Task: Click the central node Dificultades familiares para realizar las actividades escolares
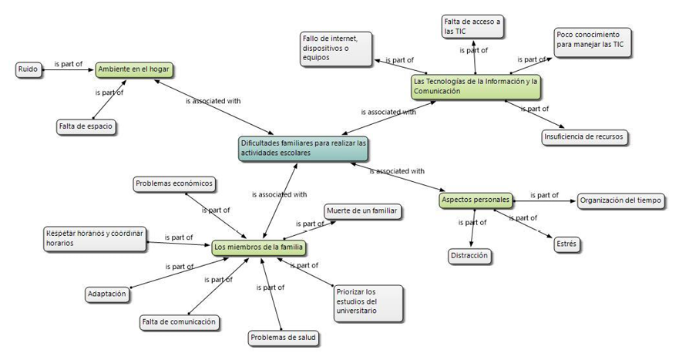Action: point(304,149)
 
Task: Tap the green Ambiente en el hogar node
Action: point(133,70)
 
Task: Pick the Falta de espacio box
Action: point(86,126)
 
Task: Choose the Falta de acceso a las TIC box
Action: point(473,27)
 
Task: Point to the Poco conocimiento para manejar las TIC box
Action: point(592,39)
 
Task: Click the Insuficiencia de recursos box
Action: point(583,137)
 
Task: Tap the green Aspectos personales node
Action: point(476,200)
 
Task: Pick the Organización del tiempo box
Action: point(620,200)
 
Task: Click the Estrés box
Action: point(566,244)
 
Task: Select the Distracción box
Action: point(469,255)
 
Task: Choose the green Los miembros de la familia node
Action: point(259,247)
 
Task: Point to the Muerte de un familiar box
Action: point(361,210)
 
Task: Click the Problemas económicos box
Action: point(173,184)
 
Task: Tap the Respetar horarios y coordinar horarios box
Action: point(94,238)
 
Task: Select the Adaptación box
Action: point(107,294)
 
